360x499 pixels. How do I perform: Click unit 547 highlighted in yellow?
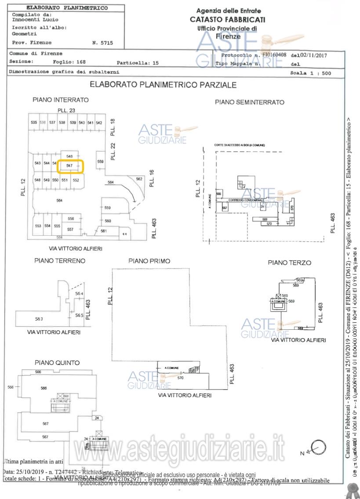(x=69, y=166)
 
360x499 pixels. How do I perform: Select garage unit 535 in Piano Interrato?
(x=34, y=123)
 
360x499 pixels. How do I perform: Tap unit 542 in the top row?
(x=99, y=123)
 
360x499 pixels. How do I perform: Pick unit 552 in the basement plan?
(x=76, y=180)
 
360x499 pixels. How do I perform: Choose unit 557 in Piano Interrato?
(x=70, y=229)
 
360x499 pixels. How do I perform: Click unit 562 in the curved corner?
(x=139, y=179)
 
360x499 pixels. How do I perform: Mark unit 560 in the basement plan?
(x=108, y=221)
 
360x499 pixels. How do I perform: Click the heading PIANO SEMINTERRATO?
(x=249, y=102)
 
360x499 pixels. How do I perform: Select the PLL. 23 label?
(x=67, y=110)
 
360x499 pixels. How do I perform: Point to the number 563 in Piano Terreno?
(x=39, y=319)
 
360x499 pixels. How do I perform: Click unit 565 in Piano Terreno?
(x=79, y=315)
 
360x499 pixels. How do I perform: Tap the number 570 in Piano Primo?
(x=180, y=377)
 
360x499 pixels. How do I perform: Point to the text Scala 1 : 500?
(x=310, y=73)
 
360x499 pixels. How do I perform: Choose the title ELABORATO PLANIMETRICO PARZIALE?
(x=163, y=85)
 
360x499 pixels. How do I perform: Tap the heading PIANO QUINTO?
(x=57, y=363)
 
